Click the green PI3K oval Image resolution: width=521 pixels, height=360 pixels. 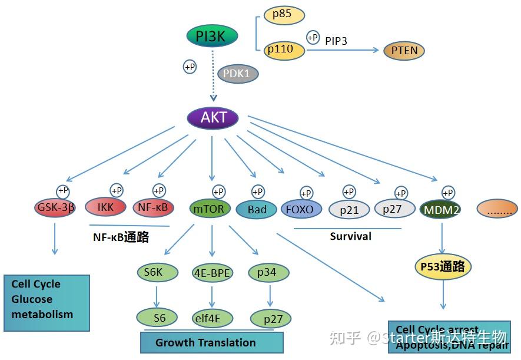pos(212,37)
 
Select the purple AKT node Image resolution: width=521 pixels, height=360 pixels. pos(213,117)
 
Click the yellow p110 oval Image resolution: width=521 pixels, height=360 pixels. pos(284,50)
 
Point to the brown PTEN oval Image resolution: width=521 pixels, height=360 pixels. pos(404,51)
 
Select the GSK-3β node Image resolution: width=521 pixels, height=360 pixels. pos(55,207)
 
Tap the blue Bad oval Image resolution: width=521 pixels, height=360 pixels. pos(257,209)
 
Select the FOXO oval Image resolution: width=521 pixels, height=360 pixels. pos(302,209)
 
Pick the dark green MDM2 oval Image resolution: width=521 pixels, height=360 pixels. pos(441,209)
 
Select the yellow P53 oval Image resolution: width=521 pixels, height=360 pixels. pos(443,267)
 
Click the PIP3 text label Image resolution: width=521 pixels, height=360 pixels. pos(336,41)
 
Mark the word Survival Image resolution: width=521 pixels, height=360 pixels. pos(350,236)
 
